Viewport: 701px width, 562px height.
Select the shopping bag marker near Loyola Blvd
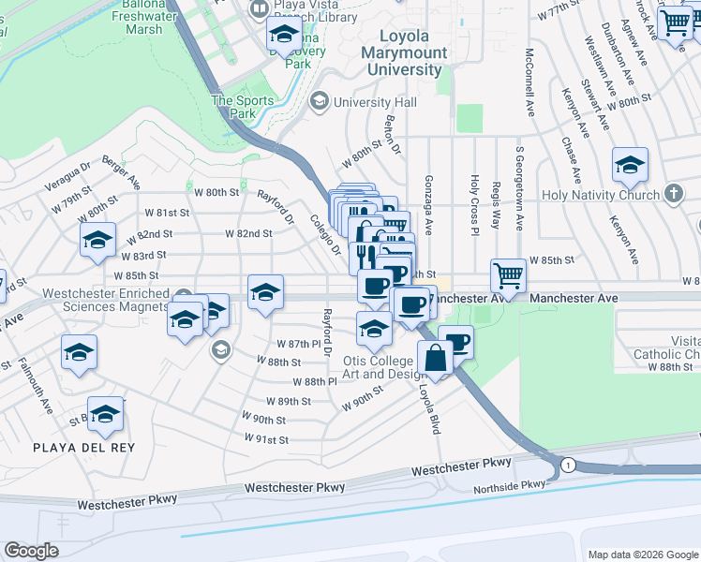tap(437, 358)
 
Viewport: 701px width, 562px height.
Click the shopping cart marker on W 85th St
tap(508, 275)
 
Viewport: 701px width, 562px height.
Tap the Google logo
tap(32, 551)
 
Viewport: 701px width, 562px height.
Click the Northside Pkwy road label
tap(509, 484)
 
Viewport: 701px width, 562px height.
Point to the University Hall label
tap(375, 100)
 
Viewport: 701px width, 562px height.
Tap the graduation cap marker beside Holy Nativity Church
tap(631, 165)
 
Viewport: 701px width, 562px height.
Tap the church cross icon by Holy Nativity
tap(672, 194)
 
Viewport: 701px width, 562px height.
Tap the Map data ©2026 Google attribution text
tap(642, 554)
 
